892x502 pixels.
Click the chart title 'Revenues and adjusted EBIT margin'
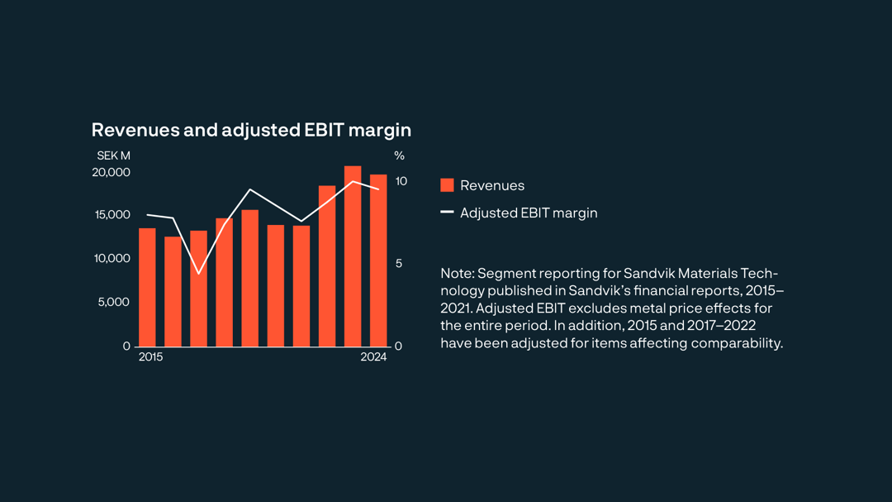[x=251, y=130]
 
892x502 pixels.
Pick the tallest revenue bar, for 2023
[x=353, y=256]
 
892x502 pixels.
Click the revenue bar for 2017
[x=198, y=289]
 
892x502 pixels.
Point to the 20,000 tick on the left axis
[x=111, y=172]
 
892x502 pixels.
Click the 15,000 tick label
[x=112, y=215]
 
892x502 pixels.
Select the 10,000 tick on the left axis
[x=112, y=258]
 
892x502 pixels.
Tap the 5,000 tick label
[x=115, y=302]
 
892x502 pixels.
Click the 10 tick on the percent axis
[x=401, y=180]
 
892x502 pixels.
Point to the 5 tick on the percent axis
[x=398, y=263]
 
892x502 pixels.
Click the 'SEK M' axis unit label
[x=113, y=155]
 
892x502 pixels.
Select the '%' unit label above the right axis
[x=399, y=155]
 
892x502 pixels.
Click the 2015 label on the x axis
[x=150, y=357]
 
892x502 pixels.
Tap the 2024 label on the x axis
[x=373, y=357]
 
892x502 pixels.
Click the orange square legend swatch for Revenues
[x=447, y=185]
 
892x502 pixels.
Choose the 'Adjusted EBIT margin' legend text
[x=529, y=213]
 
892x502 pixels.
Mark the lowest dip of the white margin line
[x=198, y=273]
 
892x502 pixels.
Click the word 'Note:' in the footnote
[x=457, y=274]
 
